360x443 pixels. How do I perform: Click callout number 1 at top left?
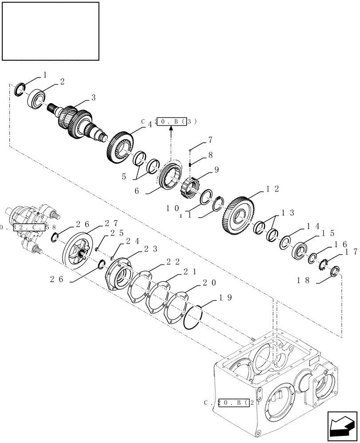click(x=45, y=76)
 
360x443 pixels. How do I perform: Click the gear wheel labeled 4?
click(x=120, y=148)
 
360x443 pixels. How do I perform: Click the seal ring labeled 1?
click(x=20, y=89)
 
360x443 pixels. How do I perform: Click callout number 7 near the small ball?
click(x=210, y=141)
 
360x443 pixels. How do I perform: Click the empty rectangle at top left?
click(x=50, y=31)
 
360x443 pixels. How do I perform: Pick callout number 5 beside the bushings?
click(x=125, y=176)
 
